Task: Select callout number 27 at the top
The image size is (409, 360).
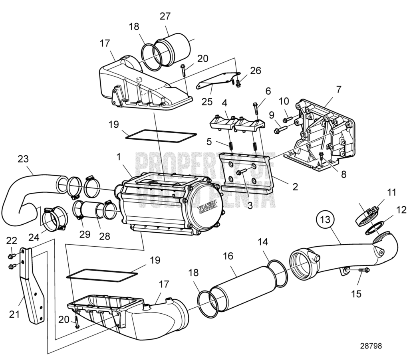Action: tap(165, 16)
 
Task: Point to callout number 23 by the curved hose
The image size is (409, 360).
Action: tap(23, 158)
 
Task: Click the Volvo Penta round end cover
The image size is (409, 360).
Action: tap(207, 211)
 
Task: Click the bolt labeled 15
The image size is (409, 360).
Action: tap(362, 270)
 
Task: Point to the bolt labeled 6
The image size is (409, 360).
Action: tap(256, 108)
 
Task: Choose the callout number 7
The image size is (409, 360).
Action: tap(338, 89)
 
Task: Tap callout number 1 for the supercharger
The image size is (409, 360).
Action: tap(118, 158)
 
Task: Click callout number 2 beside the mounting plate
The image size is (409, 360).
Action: tap(295, 186)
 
